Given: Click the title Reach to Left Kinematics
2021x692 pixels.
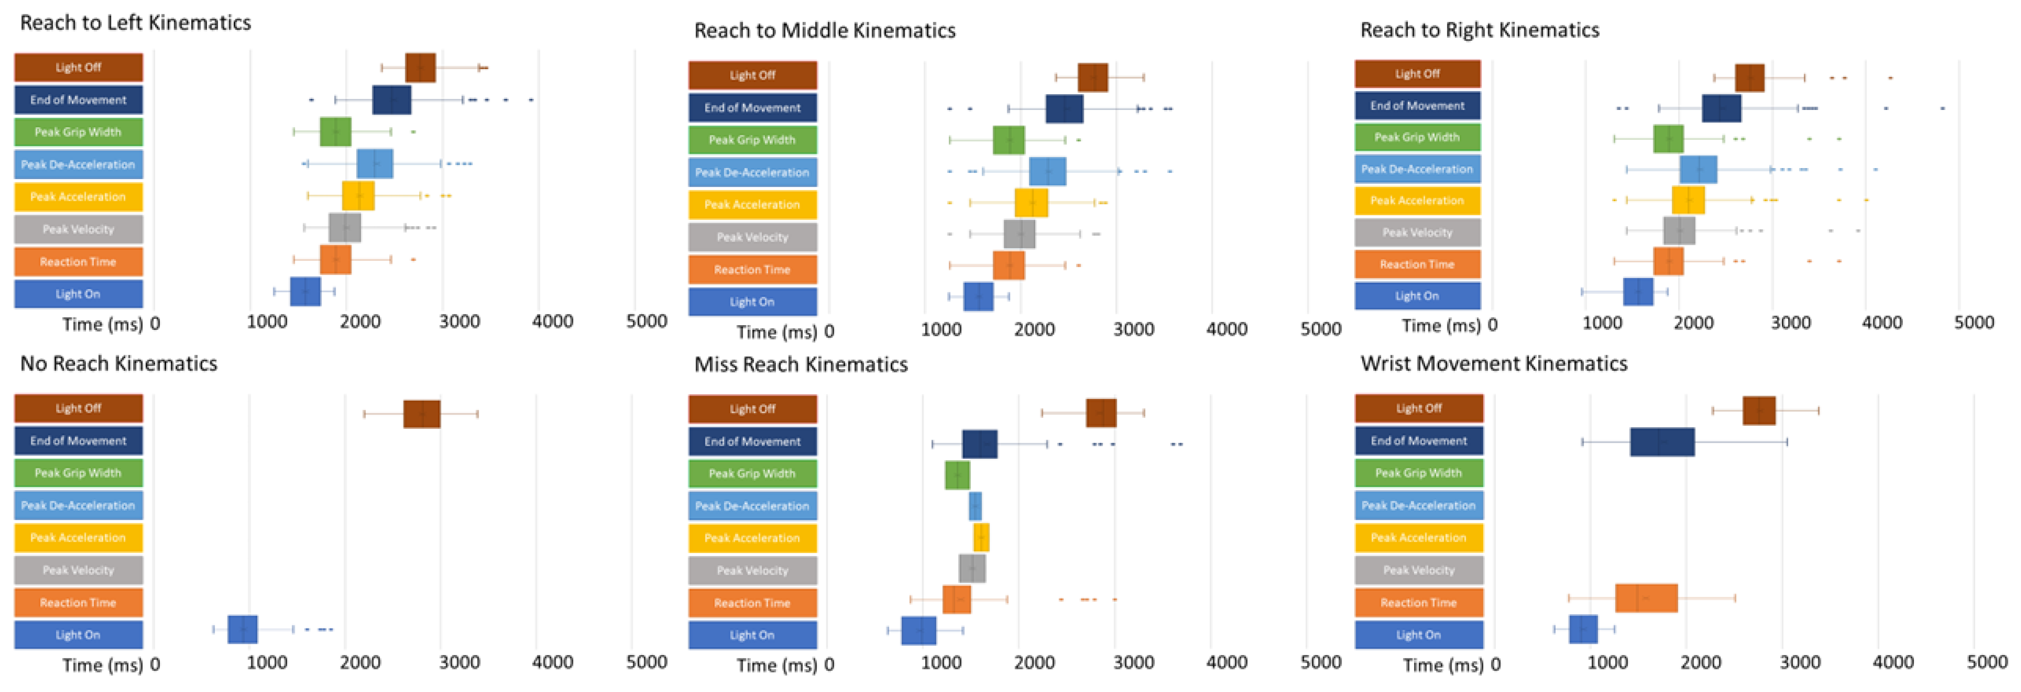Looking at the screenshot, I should [135, 23].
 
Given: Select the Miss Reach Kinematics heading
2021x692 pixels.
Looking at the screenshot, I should [800, 364].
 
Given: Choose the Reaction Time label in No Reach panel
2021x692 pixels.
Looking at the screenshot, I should [78, 603].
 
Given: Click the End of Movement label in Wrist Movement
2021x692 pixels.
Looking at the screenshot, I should [1418, 441].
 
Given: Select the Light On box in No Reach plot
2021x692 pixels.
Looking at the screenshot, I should [242, 629].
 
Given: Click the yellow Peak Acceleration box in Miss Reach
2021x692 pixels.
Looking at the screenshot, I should [980, 537].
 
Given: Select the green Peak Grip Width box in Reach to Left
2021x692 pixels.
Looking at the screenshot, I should [335, 132].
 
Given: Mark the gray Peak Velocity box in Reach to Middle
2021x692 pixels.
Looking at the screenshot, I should [1018, 234].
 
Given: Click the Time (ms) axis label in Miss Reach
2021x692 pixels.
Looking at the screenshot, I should [776, 665].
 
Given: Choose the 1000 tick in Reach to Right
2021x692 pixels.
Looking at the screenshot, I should [1601, 322].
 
